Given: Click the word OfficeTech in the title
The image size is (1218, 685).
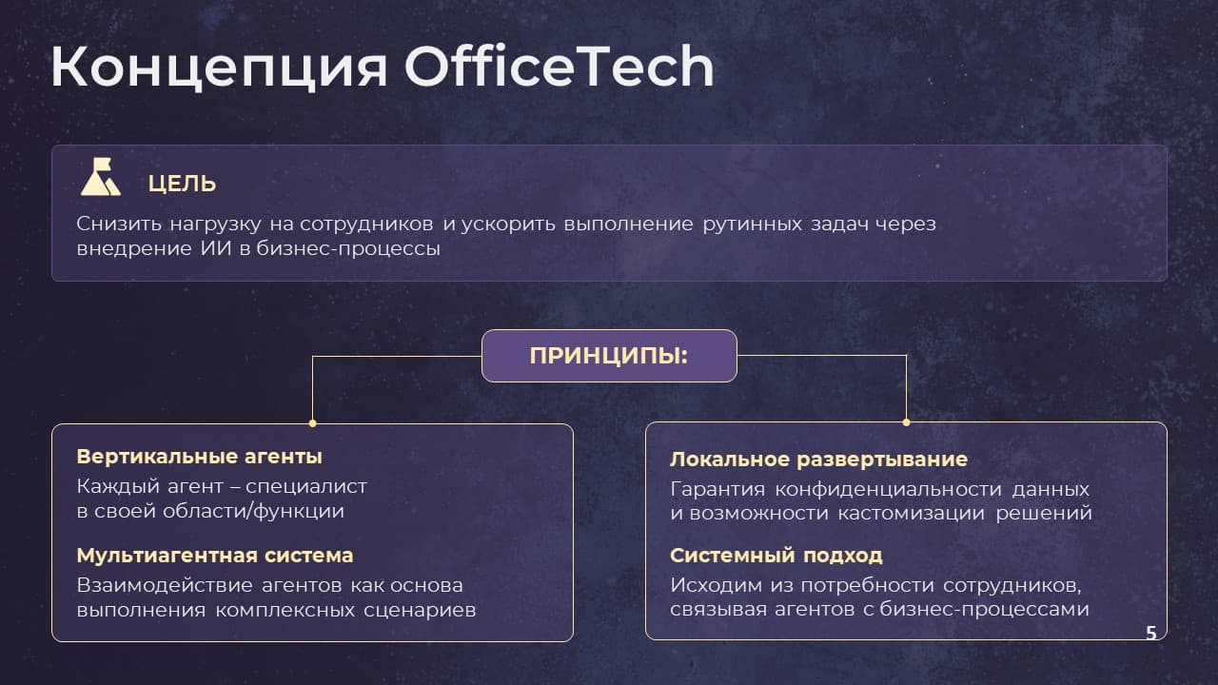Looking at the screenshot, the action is point(559,67).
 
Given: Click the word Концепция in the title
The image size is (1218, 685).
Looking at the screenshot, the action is point(219,68).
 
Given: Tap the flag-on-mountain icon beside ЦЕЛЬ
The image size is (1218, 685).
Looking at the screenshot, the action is point(101,177).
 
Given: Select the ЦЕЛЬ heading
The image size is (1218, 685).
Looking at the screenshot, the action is point(182,184).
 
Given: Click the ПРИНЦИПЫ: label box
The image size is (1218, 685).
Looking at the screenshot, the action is point(609,356).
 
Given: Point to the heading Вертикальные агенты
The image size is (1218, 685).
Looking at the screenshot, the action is point(200,456).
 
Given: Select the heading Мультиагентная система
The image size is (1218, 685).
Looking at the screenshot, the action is point(215,555).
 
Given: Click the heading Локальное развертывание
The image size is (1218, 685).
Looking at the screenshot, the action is point(819,460).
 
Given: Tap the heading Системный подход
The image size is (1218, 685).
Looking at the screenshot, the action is point(776,555).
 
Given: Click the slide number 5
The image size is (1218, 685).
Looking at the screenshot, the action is point(1151,633).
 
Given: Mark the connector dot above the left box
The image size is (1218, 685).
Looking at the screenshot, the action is point(313,423).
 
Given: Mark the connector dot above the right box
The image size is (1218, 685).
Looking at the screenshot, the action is point(907,421).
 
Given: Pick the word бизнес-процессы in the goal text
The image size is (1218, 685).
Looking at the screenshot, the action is point(348,249).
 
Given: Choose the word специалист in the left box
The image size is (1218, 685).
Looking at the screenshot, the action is point(306,486).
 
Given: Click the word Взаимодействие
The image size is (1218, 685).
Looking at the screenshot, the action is point(165,585).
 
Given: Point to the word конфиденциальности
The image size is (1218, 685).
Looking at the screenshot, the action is point(889,489).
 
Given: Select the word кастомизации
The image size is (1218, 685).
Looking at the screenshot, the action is point(911,513).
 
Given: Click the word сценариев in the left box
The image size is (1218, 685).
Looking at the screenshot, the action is point(420,610).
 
